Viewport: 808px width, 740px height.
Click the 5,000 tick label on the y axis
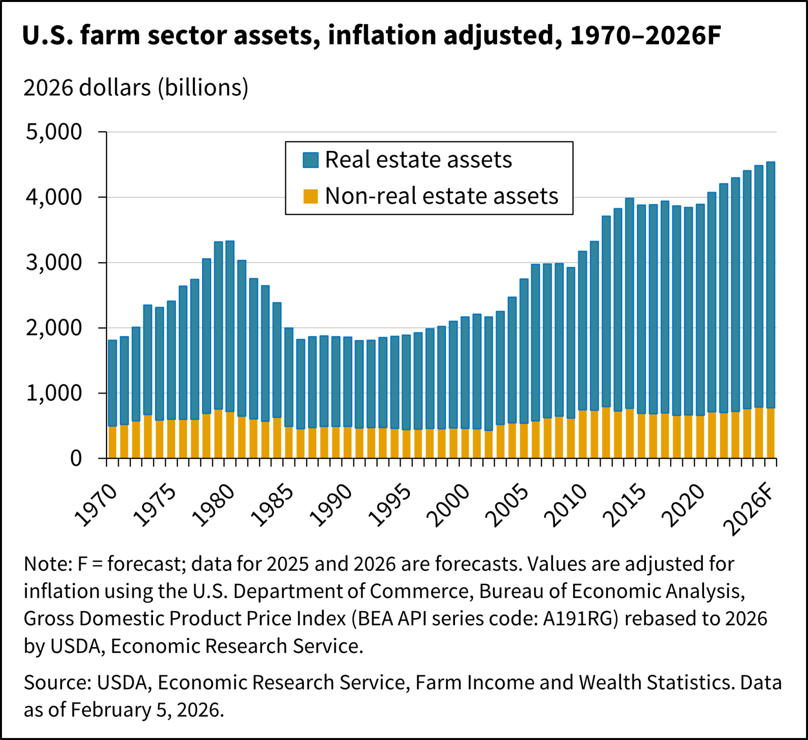point(54,132)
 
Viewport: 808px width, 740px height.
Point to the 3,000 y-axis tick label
point(54,263)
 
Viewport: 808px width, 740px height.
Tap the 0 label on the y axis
point(76,459)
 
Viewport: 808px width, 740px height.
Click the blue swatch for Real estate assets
point(310,160)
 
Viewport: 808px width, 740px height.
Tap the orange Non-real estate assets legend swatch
point(310,196)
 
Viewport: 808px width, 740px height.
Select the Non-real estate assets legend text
point(441,196)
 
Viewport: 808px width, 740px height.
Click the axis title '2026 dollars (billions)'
point(136,88)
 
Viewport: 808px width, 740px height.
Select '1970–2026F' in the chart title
point(645,35)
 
